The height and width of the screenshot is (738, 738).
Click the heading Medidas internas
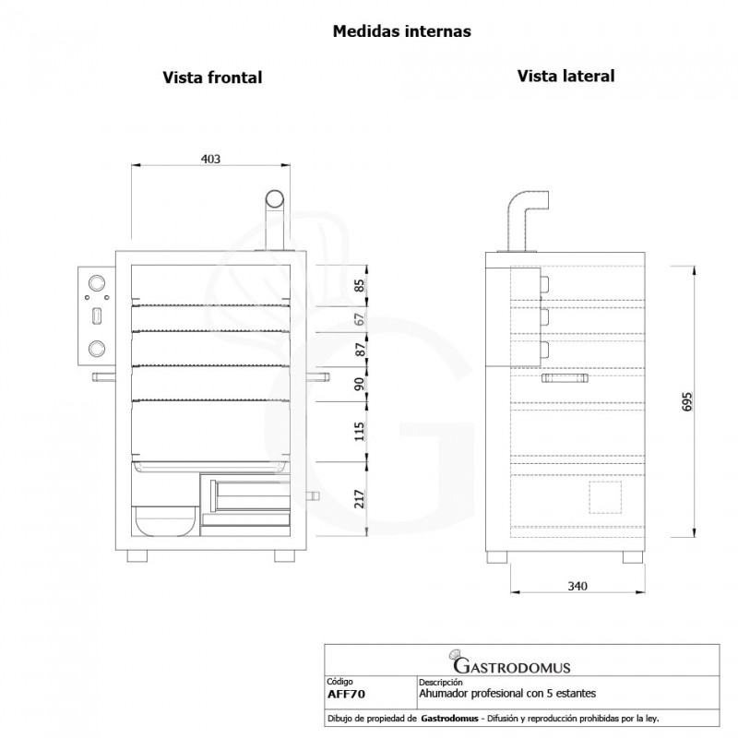401,31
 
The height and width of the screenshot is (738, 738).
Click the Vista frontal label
212,78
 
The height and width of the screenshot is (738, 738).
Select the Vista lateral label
565,76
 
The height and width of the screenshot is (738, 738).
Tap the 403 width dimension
210,159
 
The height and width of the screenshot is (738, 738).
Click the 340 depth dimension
577,586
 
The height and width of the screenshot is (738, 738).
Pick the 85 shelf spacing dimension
360,286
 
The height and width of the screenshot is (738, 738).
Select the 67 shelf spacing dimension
360,320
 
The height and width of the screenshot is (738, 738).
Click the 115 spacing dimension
360,429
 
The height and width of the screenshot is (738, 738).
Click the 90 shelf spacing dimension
360,385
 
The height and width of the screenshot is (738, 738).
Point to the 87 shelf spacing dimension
360,350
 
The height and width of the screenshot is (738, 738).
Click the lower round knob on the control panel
96,348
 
